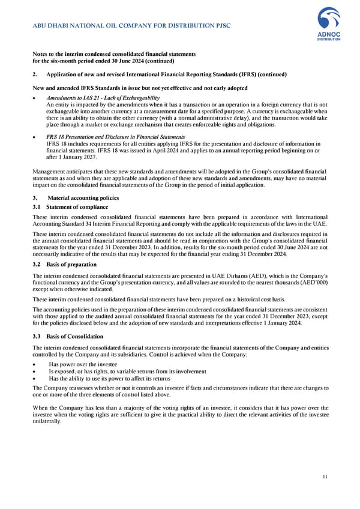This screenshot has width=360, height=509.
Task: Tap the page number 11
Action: pyautogui.click(x=324, y=477)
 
